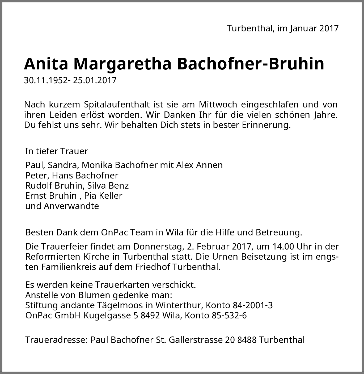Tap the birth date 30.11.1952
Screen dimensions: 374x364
[45, 80]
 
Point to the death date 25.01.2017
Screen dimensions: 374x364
[95, 80]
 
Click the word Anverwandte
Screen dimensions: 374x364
[71, 206]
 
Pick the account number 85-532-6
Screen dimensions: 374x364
[229, 315]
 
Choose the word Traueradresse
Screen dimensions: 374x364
[56, 340]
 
